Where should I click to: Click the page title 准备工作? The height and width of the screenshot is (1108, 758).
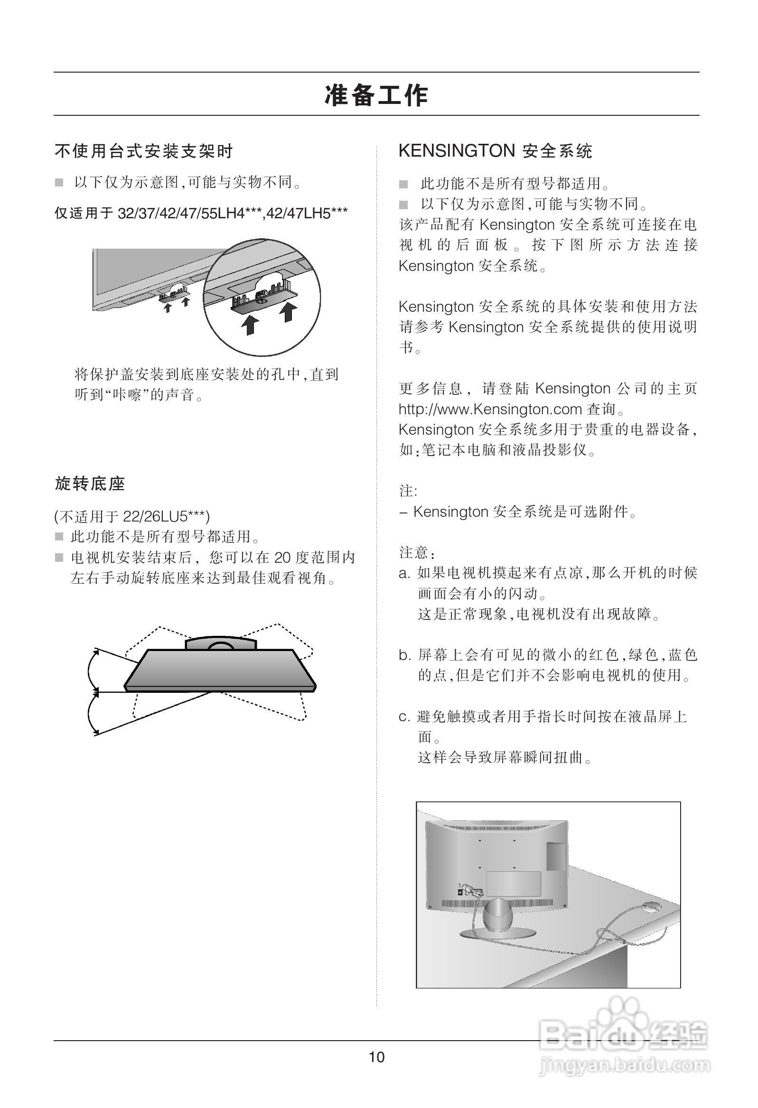point(376,95)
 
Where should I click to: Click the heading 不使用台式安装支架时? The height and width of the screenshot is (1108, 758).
point(144,151)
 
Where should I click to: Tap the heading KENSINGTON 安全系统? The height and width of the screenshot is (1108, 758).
point(495,151)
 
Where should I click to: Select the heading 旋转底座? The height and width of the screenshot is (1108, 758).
point(90,484)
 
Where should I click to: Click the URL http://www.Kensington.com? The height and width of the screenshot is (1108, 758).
point(490,409)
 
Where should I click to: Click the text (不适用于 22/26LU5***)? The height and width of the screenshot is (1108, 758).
point(132,516)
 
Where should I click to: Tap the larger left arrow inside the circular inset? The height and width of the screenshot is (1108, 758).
point(250,325)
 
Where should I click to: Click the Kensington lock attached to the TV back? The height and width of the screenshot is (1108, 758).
point(470,890)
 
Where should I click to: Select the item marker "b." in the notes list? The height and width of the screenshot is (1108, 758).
point(404,656)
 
